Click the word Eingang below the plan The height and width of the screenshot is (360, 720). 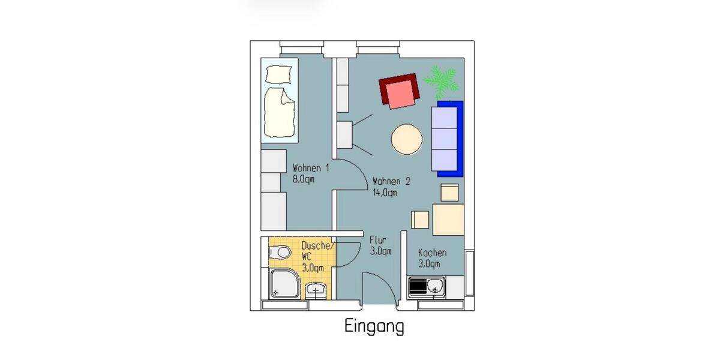(374, 327)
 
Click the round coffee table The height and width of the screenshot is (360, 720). (406, 140)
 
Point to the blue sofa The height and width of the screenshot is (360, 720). (447, 139)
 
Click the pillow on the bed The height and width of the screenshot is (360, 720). (279, 74)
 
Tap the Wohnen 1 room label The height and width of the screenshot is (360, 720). (310, 168)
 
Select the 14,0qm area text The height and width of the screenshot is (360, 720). (385, 193)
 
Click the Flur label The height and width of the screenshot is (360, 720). (377, 241)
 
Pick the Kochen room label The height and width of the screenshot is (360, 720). (432, 253)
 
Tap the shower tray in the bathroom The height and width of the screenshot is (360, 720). (285, 284)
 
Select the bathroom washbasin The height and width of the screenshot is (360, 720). (316, 292)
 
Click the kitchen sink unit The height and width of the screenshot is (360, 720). (426, 287)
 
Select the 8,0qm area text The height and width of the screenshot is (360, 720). (304, 179)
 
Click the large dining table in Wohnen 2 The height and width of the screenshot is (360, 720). (448, 220)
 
